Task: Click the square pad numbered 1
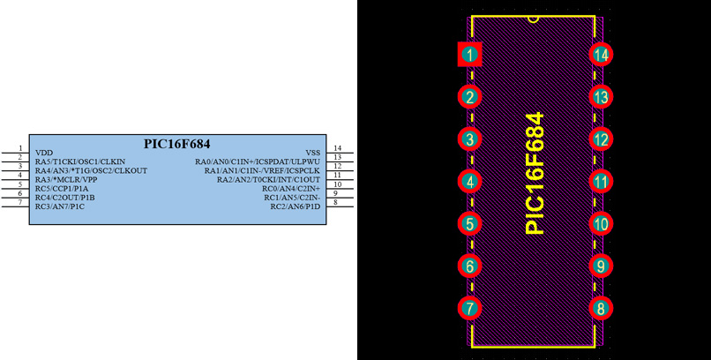470,55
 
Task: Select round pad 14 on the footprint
601,55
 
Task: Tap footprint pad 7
470,309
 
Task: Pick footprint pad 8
601,309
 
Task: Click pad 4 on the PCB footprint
470,182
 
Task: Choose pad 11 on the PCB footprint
601,182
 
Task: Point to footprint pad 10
601,224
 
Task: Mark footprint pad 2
470,97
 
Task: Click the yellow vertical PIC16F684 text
535,173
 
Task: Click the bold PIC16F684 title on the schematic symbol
176,143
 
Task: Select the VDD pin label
44,153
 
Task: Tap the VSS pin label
312,153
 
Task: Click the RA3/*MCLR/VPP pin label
66,179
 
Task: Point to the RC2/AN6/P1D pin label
295,206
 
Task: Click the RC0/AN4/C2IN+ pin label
290,188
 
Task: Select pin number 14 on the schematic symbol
337,148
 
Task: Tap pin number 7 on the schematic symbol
19,202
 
